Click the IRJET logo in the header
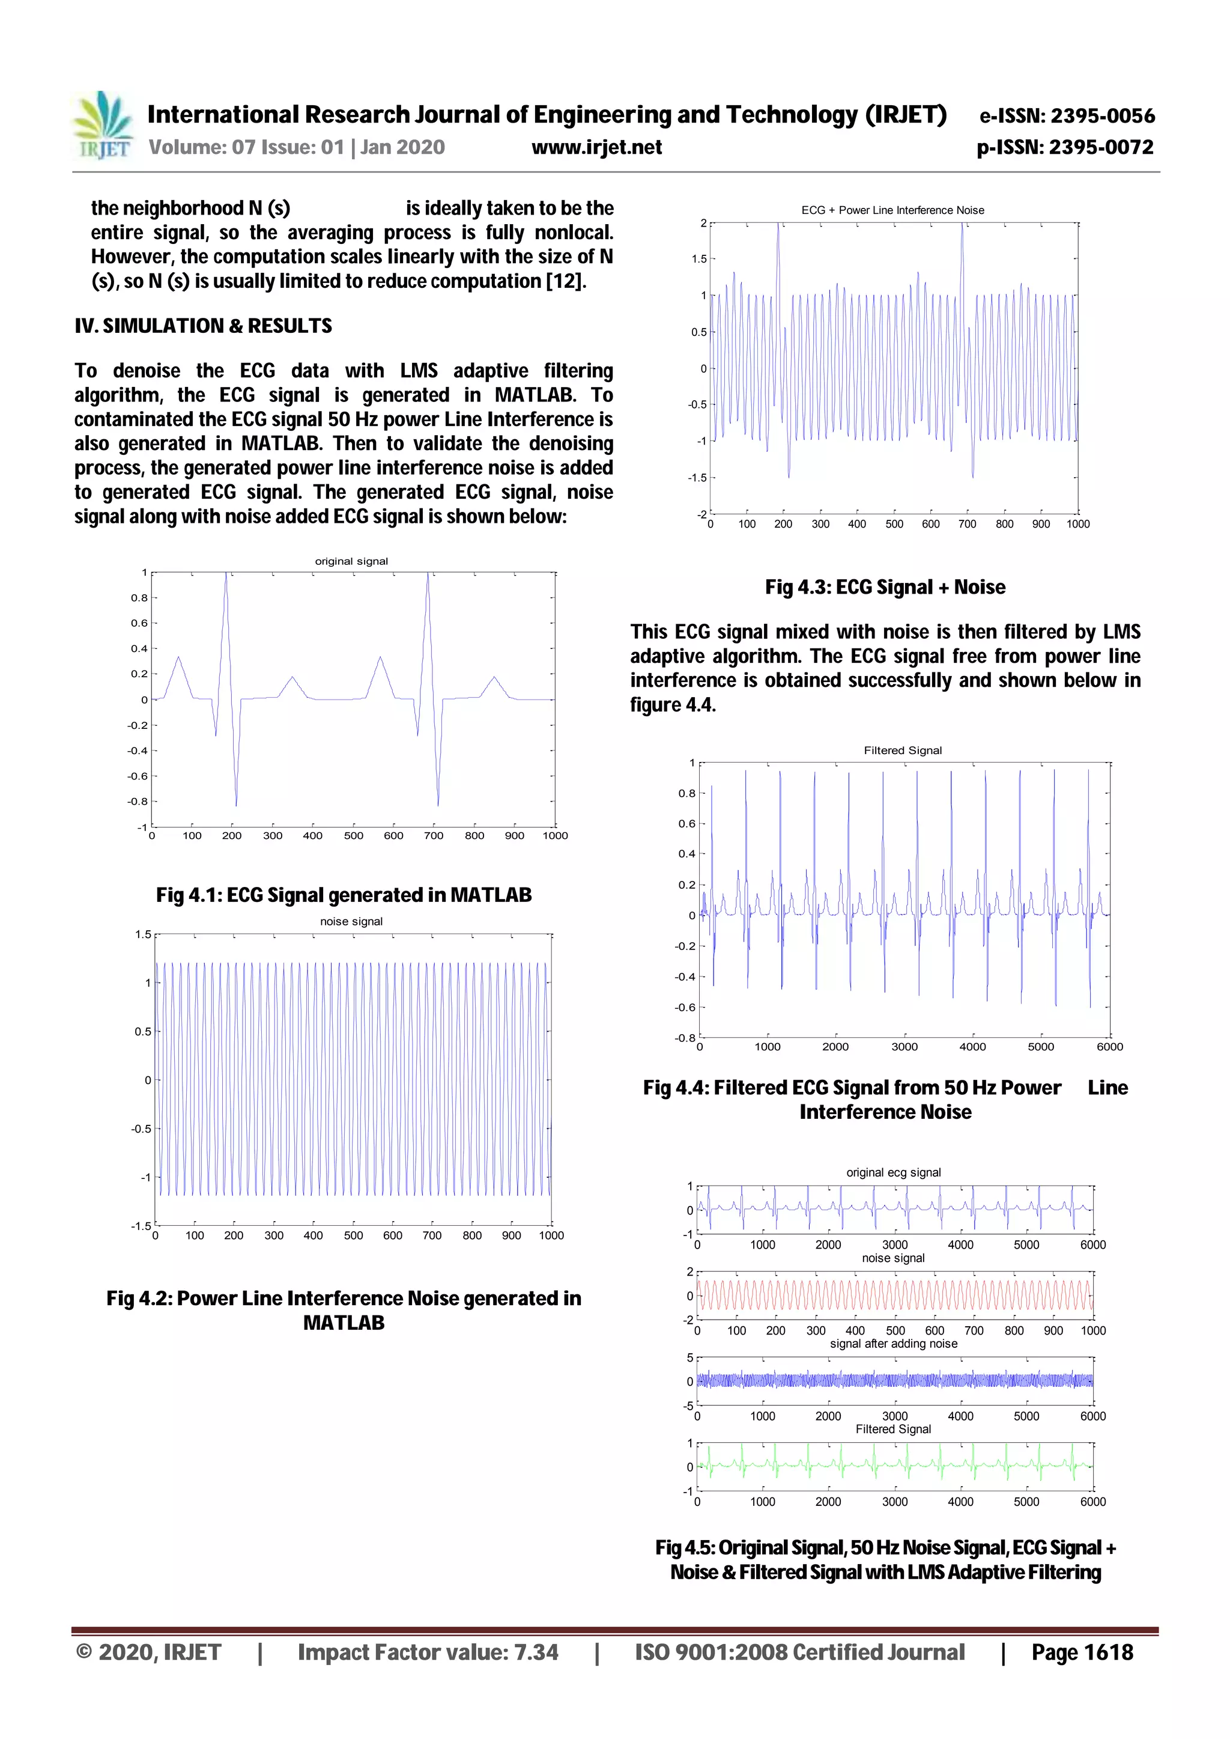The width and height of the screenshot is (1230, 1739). tap(101, 126)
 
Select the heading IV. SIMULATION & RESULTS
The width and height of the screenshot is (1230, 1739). tap(203, 326)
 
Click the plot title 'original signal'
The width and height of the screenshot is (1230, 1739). tap(351, 561)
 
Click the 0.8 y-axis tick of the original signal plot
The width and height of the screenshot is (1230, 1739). tap(139, 598)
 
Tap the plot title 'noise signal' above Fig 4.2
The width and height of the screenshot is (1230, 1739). tap(351, 921)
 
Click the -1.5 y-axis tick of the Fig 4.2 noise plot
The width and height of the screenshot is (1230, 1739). tap(142, 1226)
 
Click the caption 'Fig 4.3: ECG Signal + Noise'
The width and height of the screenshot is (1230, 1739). tap(885, 587)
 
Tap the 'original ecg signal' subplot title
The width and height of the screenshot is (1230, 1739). tap(894, 1172)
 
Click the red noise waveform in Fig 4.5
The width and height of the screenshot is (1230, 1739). tap(894, 1296)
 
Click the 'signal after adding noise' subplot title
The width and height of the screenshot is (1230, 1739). tap(894, 1344)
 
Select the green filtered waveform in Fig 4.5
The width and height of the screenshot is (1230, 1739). tap(894, 1466)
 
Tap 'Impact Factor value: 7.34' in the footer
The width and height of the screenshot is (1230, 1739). tap(428, 1652)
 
